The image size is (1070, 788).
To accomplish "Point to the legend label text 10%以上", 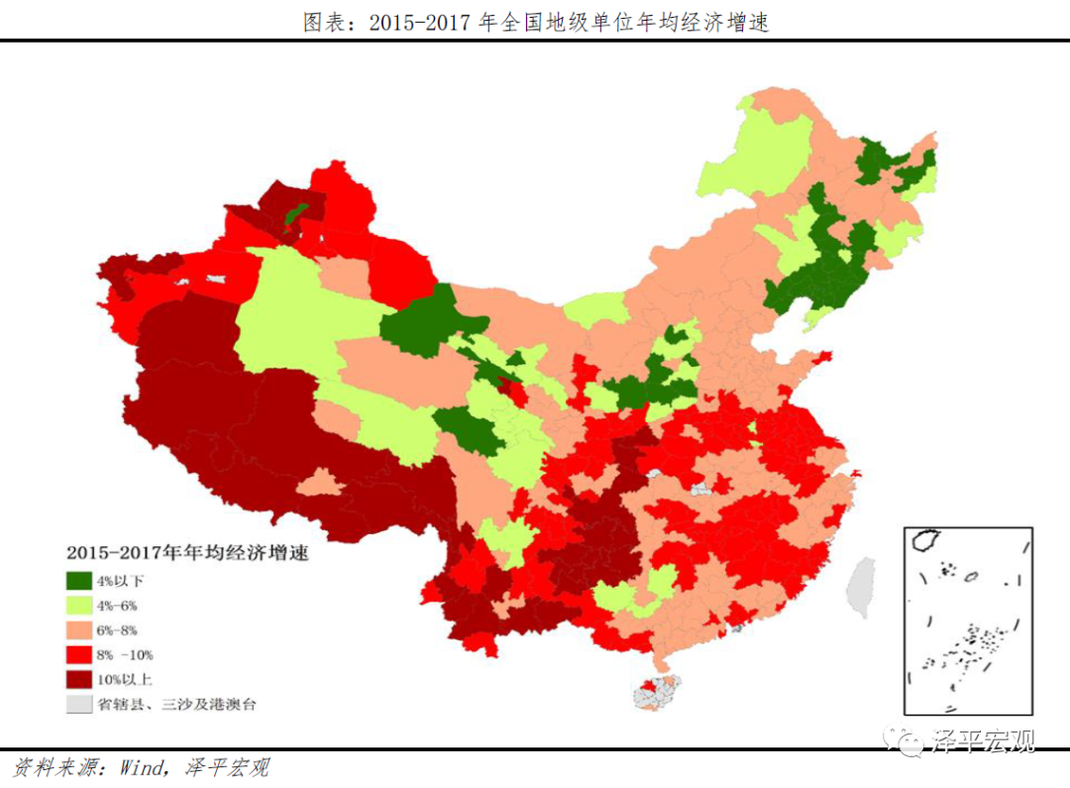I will pyautogui.click(x=124, y=679).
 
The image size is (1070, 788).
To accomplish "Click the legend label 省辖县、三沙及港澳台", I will pyautogui.click(x=176, y=704).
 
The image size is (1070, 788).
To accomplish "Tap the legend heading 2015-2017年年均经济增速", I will pyautogui.click(x=187, y=553).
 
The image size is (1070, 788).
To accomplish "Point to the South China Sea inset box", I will pyautogui.click(x=968, y=619).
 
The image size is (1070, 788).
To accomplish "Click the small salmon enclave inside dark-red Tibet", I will pyautogui.click(x=320, y=484).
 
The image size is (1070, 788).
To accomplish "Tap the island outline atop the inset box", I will pyautogui.click(x=925, y=540).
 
